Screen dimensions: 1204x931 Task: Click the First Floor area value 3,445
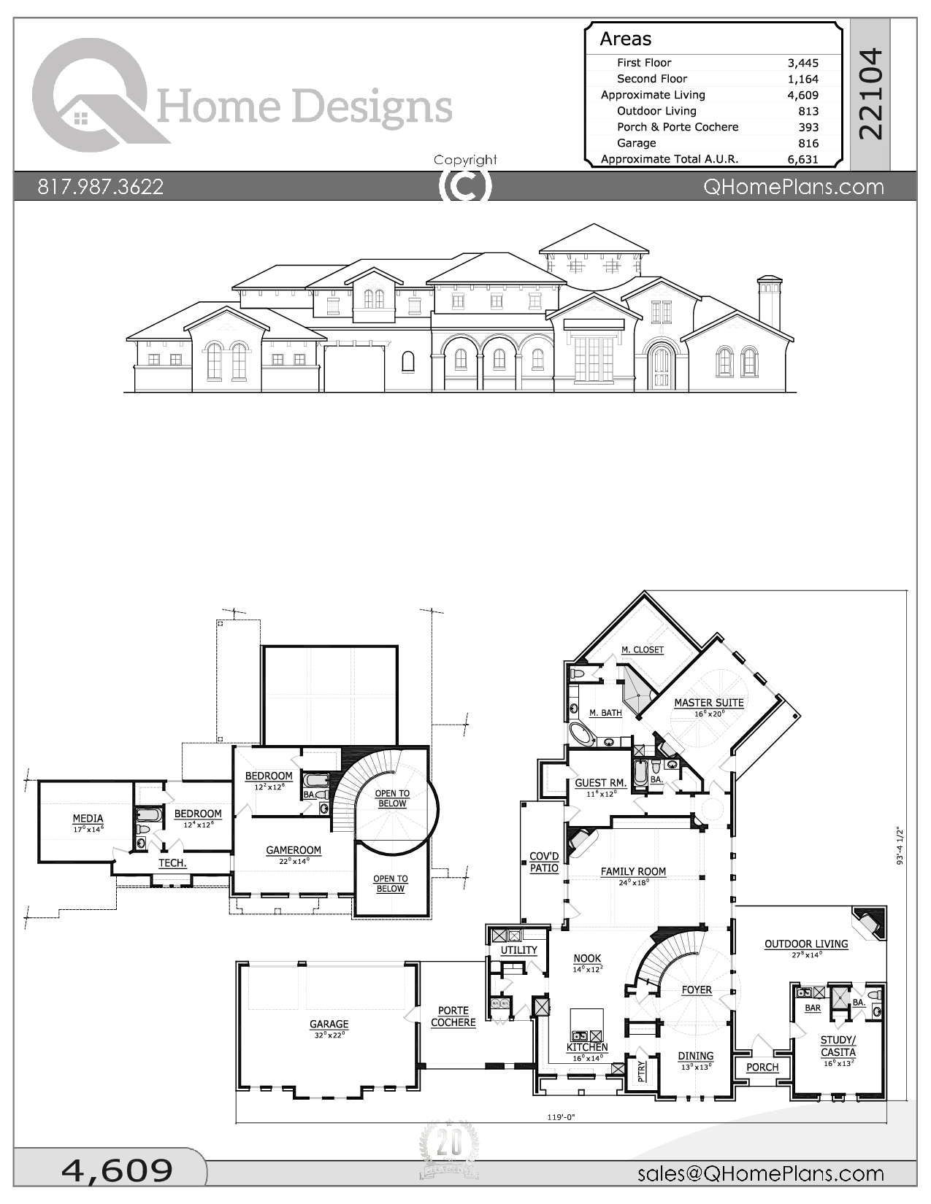click(802, 63)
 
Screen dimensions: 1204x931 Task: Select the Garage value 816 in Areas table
click(808, 143)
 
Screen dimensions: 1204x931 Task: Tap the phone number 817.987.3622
click(100, 187)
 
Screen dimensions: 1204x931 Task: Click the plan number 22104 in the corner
click(870, 93)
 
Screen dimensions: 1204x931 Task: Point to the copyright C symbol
click(465, 186)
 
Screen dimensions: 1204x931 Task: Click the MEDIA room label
click(88, 819)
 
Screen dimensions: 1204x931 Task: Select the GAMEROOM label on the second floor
click(293, 850)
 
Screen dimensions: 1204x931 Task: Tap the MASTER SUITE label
click(708, 703)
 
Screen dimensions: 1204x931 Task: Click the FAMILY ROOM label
click(633, 871)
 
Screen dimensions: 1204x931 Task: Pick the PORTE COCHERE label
click(453, 1016)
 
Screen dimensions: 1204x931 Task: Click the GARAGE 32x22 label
click(329, 1024)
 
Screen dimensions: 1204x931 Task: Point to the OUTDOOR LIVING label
click(806, 944)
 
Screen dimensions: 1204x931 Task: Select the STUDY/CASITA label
click(838, 1046)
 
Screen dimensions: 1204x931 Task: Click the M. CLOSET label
click(643, 649)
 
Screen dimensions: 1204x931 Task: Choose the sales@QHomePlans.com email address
click(760, 1173)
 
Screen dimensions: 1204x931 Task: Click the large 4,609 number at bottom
click(117, 1170)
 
